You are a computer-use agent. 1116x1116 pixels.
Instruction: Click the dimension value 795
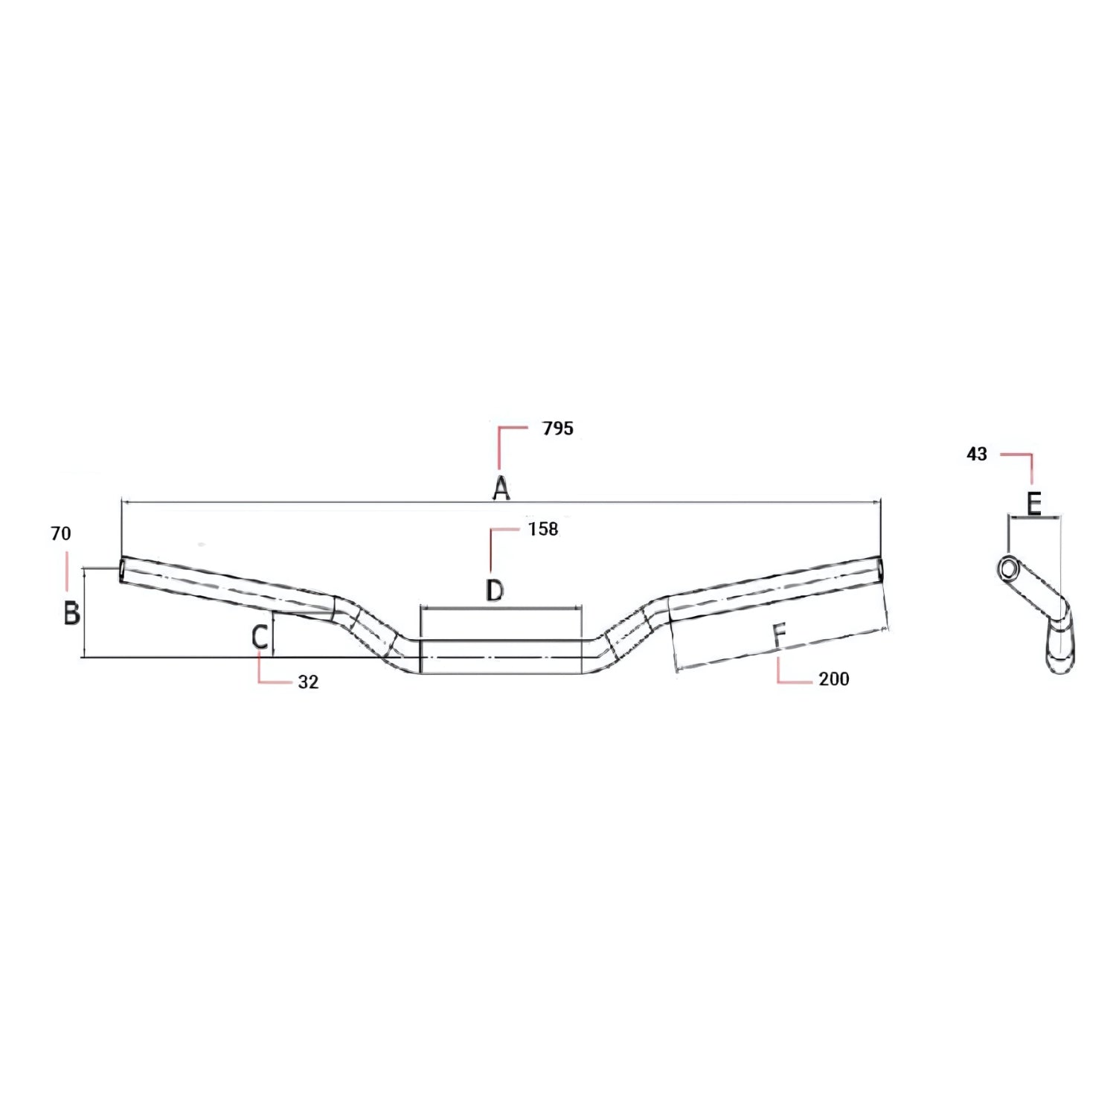tap(558, 429)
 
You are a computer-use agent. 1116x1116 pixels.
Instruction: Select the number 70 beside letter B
tap(61, 533)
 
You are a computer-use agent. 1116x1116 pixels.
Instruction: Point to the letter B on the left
tap(71, 612)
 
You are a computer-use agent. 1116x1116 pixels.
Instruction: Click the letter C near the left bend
tap(260, 638)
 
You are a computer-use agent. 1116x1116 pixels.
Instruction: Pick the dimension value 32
tap(308, 682)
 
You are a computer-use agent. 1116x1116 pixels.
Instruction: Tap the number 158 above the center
tap(542, 529)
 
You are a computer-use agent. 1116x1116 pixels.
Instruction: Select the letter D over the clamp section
tap(495, 590)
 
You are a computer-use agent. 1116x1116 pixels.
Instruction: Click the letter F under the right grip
tap(779, 636)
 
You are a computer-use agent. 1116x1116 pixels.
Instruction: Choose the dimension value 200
tap(833, 679)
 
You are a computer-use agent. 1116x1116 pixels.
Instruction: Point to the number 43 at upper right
tap(976, 454)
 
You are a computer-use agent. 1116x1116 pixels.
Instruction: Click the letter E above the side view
tap(1033, 504)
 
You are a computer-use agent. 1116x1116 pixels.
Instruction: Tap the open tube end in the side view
tap(1009, 568)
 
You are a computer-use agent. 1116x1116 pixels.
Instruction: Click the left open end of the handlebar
tap(123, 570)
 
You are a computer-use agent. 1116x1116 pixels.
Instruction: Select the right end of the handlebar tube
tap(880, 570)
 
